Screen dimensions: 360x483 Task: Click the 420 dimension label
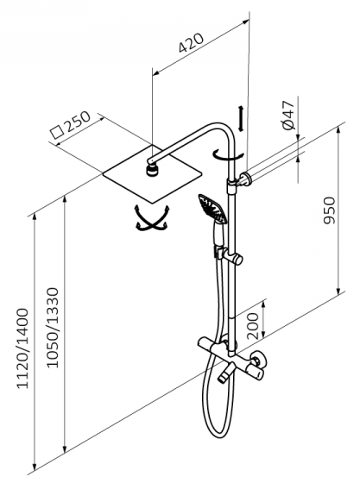point(191,42)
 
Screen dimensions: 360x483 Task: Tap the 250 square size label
point(79,121)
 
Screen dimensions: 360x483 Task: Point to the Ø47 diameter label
point(288,115)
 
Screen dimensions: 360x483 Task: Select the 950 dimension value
point(329,210)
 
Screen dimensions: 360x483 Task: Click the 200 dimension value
point(253,326)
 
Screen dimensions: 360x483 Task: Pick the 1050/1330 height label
point(53,328)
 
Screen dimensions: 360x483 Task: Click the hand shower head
point(212,208)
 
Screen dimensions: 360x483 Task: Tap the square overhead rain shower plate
point(152,174)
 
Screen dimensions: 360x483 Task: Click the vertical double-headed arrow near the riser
point(241,119)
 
